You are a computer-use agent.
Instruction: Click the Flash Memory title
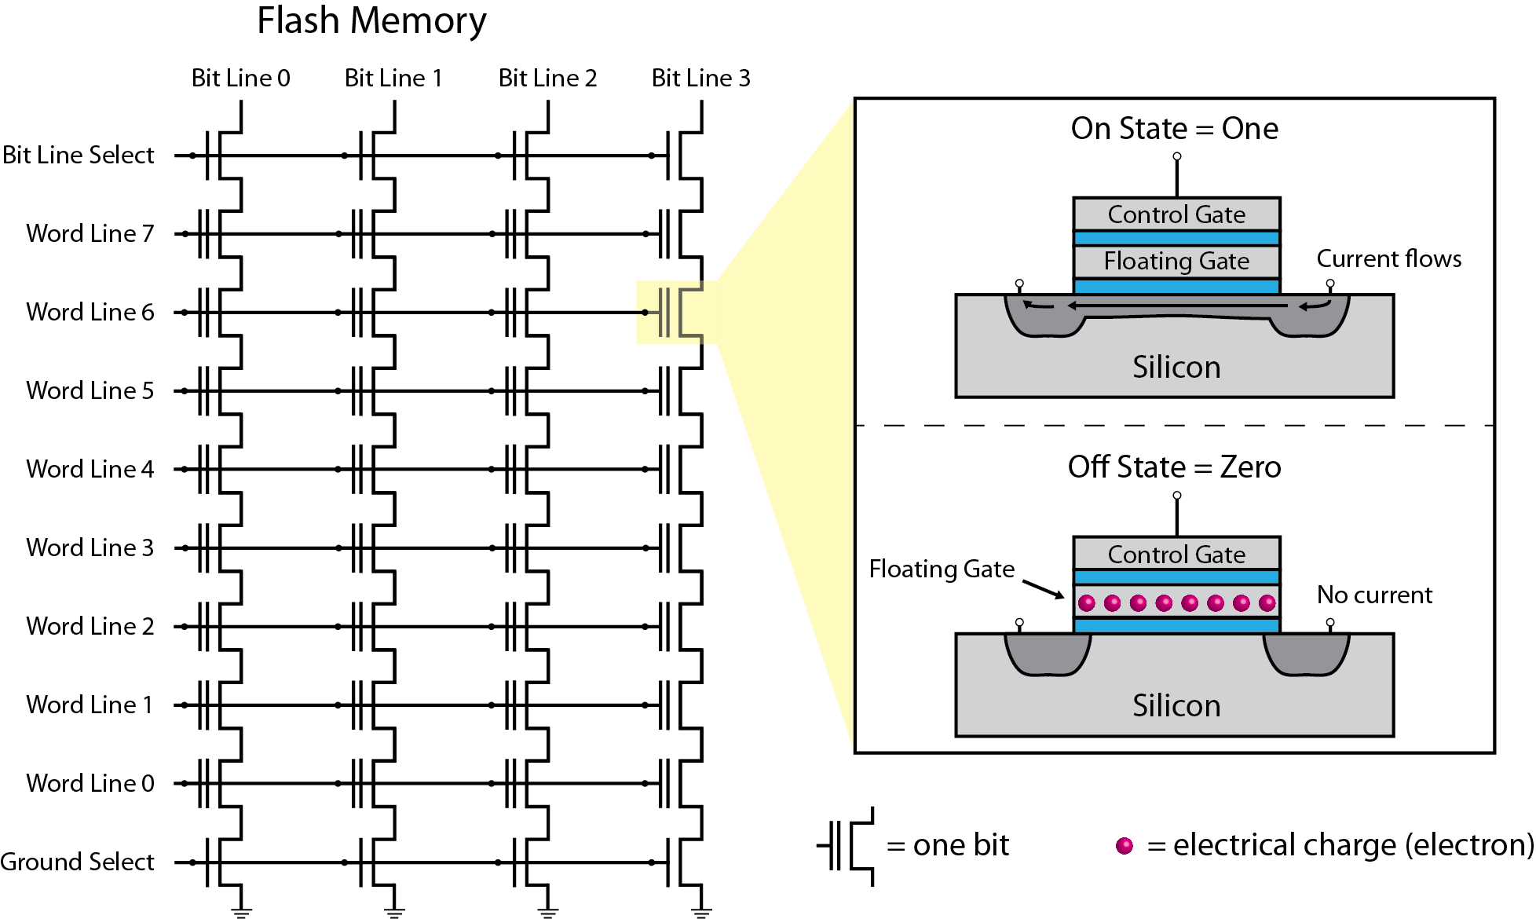[371, 21]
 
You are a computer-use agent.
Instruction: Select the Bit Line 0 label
[240, 78]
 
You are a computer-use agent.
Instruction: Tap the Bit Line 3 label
[700, 78]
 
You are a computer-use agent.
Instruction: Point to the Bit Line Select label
[79, 155]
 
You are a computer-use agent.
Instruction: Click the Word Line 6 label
[90, 312]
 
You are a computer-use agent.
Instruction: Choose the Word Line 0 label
[90, 783]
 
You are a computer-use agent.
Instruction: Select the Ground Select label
[78, 862]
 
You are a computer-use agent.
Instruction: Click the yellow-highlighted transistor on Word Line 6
[672, 313]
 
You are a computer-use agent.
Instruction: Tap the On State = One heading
[1174, 128]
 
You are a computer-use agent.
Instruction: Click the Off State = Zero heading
[1174, 467]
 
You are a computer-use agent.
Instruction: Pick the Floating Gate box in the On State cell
[1176, 261]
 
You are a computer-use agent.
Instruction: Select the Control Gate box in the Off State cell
[1176, 554]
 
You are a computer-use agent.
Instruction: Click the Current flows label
[1388, 258]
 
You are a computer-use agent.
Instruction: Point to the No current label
[1374, 595]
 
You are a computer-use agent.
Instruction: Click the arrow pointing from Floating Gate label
[1044, 589]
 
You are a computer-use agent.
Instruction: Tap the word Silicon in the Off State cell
[1176, 705]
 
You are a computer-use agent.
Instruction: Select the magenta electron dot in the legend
[1125, 846]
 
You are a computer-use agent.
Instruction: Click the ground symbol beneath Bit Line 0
[241, 911]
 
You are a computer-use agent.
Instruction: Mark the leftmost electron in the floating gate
[1087, 602]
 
